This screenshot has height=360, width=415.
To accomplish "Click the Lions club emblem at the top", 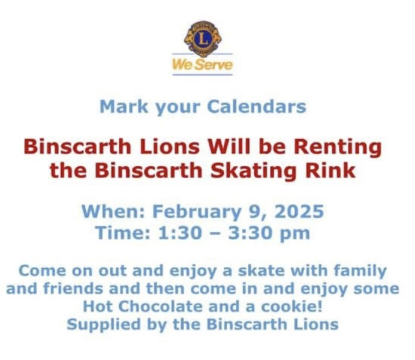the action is [203, 38].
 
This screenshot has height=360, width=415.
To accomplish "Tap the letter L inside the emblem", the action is [203, 38].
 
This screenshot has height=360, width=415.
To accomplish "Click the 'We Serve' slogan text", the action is [203, 65].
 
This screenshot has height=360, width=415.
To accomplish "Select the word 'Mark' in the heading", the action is [124, 106].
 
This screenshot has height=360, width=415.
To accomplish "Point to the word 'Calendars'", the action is [257, 106].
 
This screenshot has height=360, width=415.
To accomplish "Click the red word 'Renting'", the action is [338, 148].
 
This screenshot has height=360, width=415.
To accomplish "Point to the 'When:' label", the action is [113, 211].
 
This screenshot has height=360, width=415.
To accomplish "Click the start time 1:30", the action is [179, 233].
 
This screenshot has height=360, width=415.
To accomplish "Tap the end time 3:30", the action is [250, 233].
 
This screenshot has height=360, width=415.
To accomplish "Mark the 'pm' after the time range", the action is [294, 234].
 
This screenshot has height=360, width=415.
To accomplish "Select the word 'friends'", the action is [73, 288].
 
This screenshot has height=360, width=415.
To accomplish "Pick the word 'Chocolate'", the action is [160, 307].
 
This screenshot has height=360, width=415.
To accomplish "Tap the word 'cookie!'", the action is [291, 307].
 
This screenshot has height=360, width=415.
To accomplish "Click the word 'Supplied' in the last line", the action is [104, 325].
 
